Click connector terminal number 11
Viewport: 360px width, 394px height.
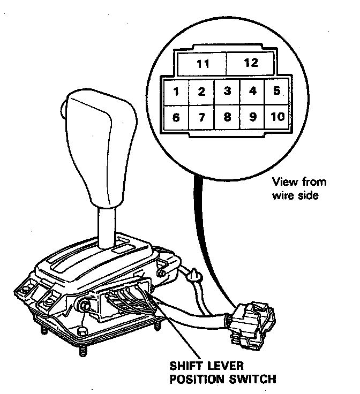pos(202,64)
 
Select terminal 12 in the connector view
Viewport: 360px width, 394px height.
pos(251,63)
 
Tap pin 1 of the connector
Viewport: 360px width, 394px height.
pos(176,92)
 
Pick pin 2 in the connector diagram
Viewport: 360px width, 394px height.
pos(201,92)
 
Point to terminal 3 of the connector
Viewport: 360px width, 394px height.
pos(227,91)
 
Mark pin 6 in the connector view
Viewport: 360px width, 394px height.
pos(176,117)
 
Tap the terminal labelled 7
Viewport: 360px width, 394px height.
pos(201,117)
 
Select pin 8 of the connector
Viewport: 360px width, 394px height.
pos(227,117)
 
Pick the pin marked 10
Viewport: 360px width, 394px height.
pos(277,117)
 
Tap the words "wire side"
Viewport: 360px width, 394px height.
pos(296,195)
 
